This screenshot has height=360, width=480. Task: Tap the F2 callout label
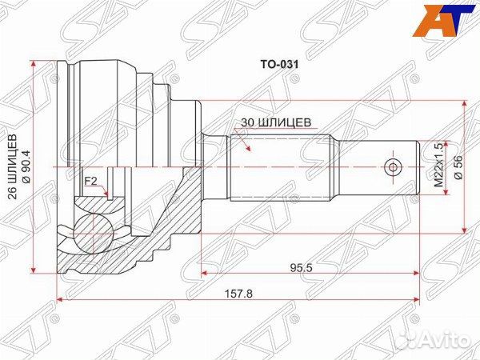click(x=92, y=182)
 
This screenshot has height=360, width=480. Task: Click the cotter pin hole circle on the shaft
click(x=391, y=167)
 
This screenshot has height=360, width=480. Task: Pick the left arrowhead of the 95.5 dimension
click(x=205, y=272)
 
